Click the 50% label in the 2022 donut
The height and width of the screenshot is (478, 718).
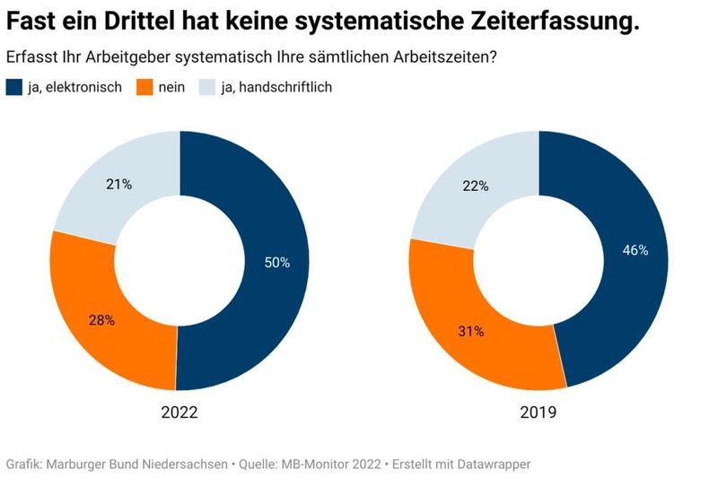[276, 263]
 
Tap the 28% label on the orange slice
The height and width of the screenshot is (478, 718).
[101, 320]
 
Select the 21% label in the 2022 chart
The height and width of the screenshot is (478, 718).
[119, 185]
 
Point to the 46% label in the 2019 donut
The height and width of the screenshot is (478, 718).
[635, 250]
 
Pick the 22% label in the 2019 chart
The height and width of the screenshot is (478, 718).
[476, 186]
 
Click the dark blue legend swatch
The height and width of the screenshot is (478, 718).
[14, 88]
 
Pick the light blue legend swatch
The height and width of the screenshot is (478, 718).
[206, 88]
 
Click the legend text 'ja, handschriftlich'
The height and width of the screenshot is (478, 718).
[278, 88]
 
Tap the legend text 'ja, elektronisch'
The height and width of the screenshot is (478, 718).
[74, 88]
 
